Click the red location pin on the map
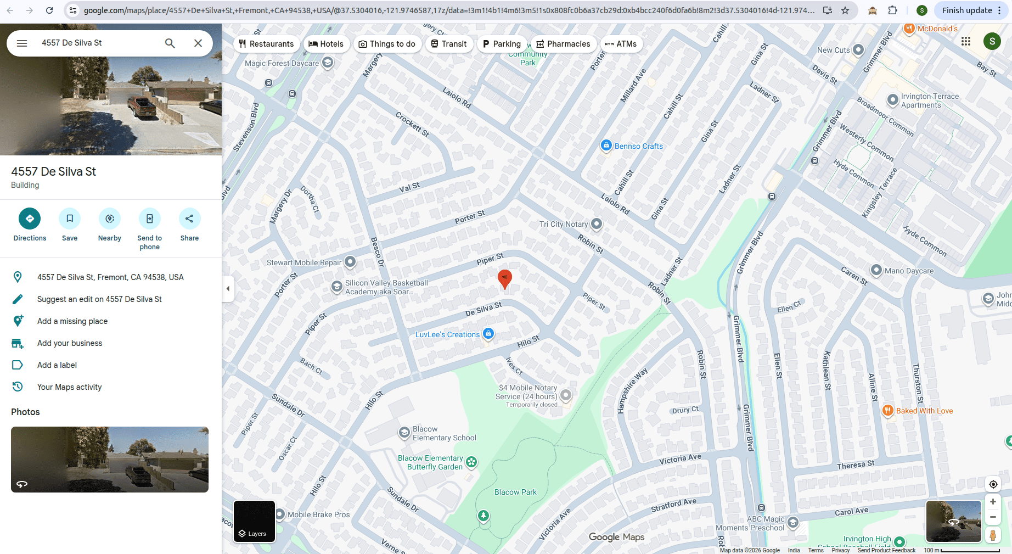coord(505,278)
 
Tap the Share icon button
coord(189,219)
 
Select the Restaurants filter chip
coord(266,44)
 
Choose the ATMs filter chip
coord(621,44)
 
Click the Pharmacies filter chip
coord(563,44)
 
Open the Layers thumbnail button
coord(254,521)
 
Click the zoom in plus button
coord(993,502)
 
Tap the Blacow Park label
coord(515,493)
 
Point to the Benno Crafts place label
coord(638,146)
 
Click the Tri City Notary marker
coord(597,224)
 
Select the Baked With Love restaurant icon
coord(888,411)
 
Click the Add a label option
coord(57,365)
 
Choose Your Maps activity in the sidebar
coord(70,387)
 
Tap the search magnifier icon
coord(170,43)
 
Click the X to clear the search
coord(198,43)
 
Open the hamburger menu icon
coord(22,43)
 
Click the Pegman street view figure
coord(993,535)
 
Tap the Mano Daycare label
coord(909,271)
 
